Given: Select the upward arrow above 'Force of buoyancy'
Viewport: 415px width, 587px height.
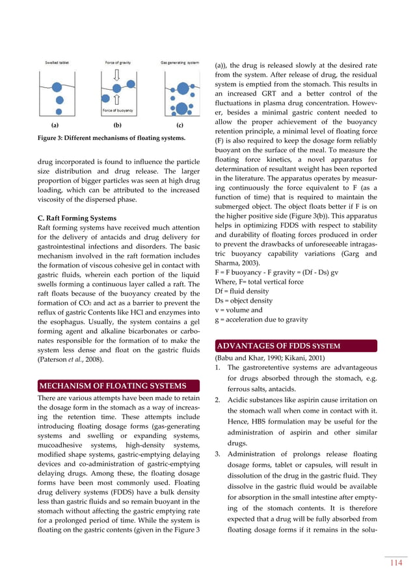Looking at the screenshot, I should [x=118, y=99].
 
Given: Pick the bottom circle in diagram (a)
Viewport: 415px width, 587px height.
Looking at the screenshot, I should [x=59, y=101].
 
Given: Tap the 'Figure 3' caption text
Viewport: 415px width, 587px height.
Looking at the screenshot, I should [x=111, y=137].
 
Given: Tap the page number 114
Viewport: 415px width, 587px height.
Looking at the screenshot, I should [x=395, y=564].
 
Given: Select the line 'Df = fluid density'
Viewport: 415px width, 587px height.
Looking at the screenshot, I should [x=239, y=291].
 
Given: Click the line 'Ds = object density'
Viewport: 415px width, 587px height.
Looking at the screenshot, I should [x=242, y=301].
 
